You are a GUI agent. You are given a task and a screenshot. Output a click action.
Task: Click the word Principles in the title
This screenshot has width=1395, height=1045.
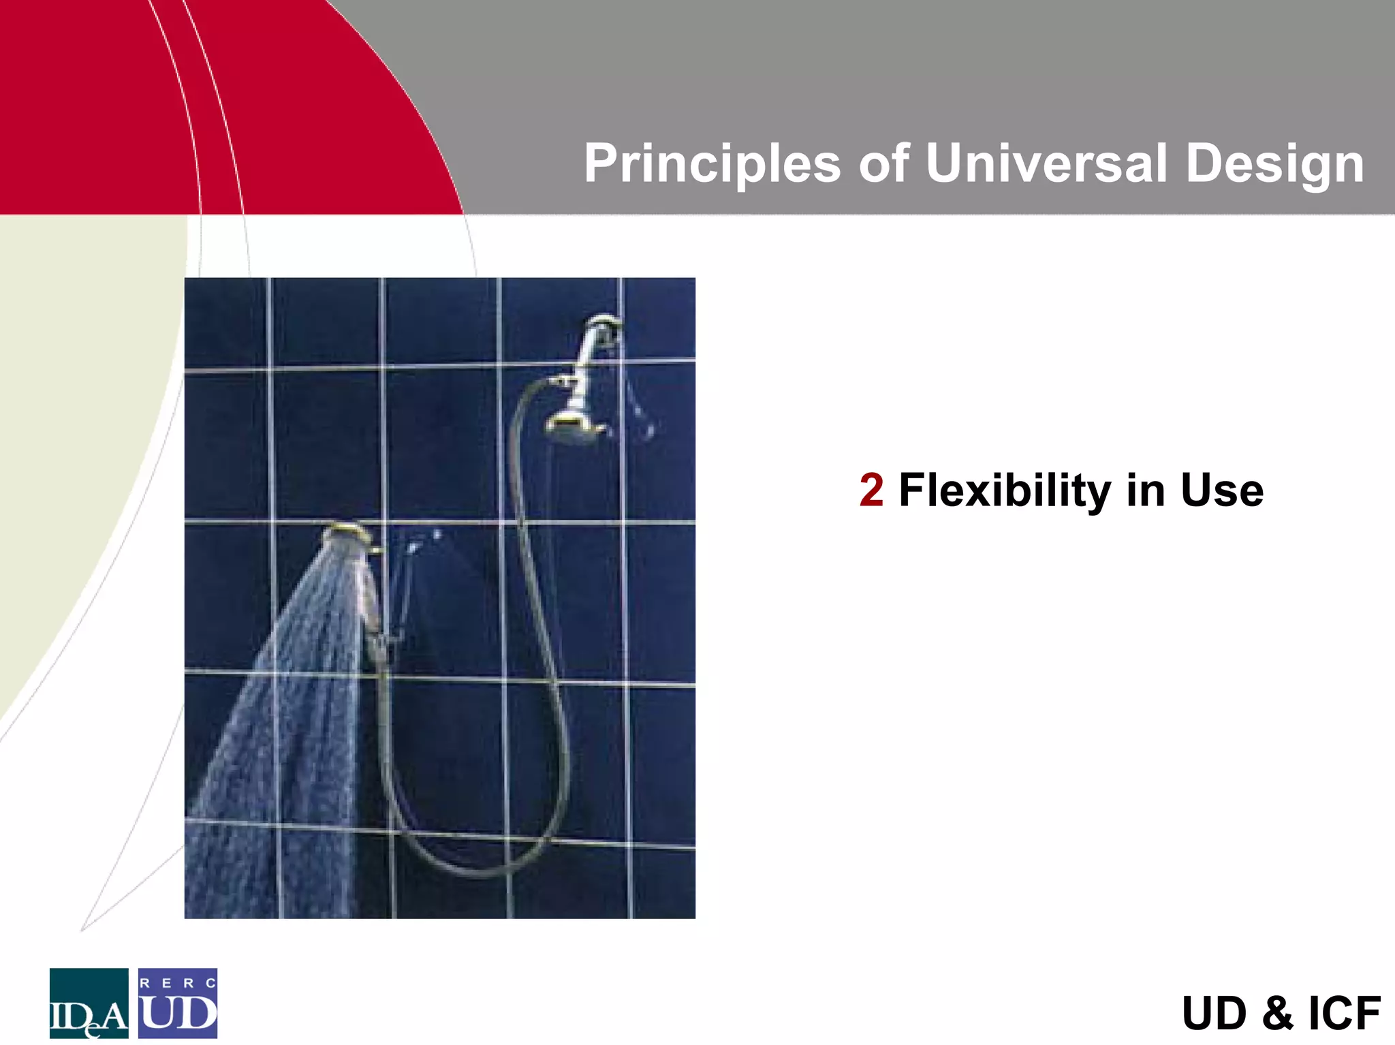[x=712, y=164]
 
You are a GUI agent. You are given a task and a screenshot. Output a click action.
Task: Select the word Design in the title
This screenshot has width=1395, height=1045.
[x=1274, y=164]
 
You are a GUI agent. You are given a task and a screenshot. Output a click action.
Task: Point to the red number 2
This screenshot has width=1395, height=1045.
[x=871, y=490]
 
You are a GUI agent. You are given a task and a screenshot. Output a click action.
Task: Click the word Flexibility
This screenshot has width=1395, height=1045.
[x=1005, y=490]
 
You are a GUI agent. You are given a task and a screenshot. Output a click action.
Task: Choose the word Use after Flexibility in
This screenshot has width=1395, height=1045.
[x=1222, y=490]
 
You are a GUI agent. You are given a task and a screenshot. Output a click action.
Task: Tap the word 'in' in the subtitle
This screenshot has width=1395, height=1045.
[x=1144, y=490]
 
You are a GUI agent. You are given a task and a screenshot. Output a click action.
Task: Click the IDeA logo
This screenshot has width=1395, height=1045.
[x=89, y=1003]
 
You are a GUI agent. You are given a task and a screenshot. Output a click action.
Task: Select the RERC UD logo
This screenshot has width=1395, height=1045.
[x=178, y=1003]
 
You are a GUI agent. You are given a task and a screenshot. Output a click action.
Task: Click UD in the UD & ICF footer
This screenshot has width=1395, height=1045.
[x=1213, y=1013]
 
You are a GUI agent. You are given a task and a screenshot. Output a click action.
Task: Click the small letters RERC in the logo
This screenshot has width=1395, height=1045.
[x=178, y=983]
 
